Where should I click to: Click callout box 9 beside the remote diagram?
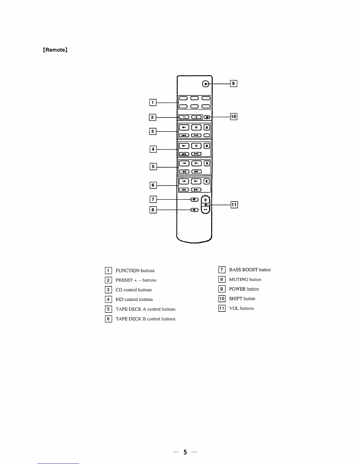[234, 84]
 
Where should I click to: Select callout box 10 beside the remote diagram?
[234, 117]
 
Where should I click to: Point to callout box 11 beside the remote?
[234, 205]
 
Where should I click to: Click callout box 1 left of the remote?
[153, 103]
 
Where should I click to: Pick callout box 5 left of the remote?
[153, 167]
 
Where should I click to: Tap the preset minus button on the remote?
[184, 117]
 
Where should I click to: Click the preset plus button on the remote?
[196, 117]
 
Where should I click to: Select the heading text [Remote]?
[56, 50]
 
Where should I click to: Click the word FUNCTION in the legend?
[128, 271]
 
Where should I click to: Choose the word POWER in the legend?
[237, 289]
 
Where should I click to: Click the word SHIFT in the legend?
[236, 299]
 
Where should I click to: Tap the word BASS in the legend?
[235, 270]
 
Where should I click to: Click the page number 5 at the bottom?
[185, 452]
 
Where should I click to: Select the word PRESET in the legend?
[124, 280]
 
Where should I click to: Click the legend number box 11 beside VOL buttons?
[222, 308]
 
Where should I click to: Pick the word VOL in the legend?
[234, 308]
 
